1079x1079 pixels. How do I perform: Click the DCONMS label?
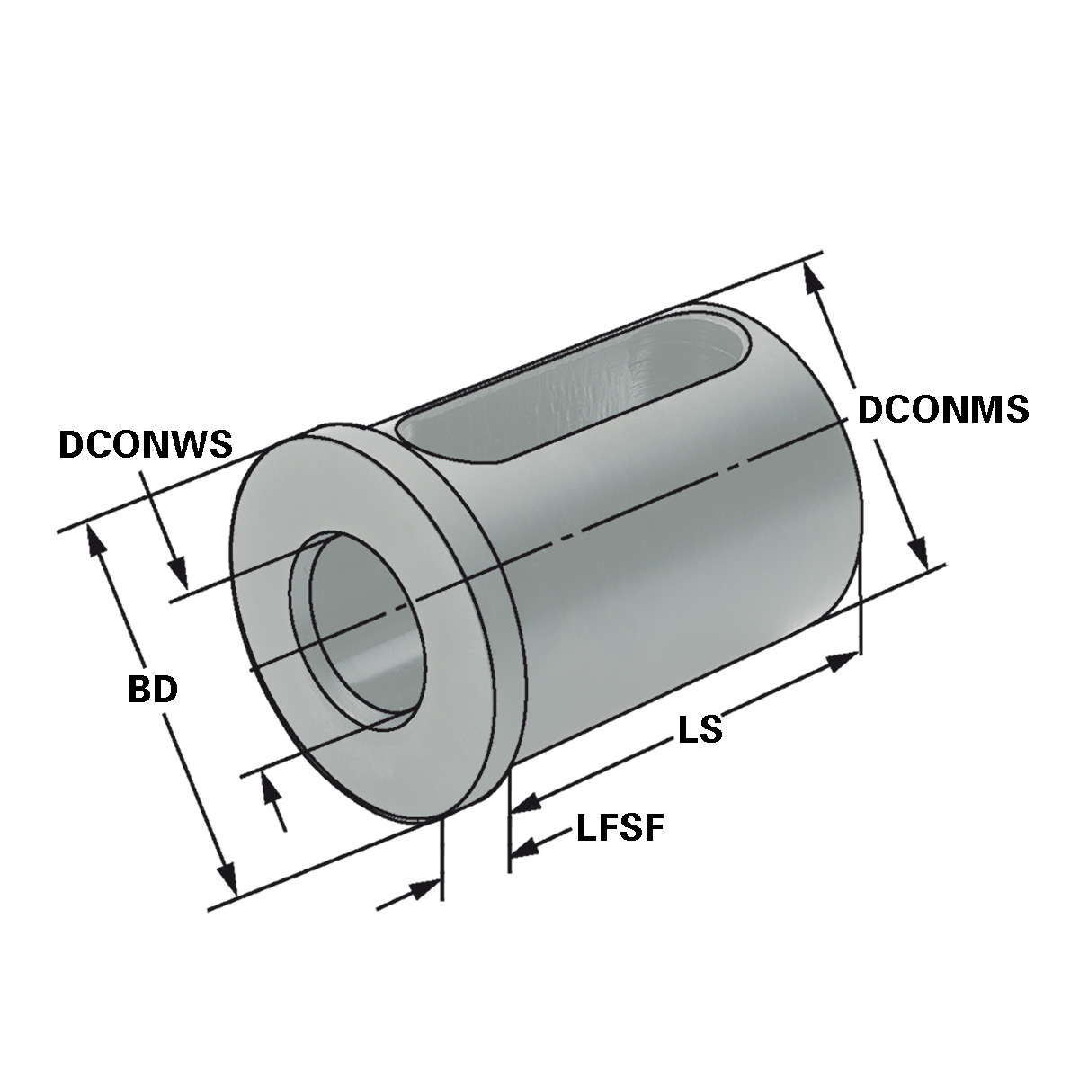(x=942, y=409)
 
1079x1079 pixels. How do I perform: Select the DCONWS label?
(x=146, y=443)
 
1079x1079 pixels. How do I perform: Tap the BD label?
(x=153, y=690)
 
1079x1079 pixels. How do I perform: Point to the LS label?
(x=700, y=728)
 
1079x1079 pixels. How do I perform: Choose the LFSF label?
(x=620, y=827)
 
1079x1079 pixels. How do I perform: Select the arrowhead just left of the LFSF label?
(x=524, y=847)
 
